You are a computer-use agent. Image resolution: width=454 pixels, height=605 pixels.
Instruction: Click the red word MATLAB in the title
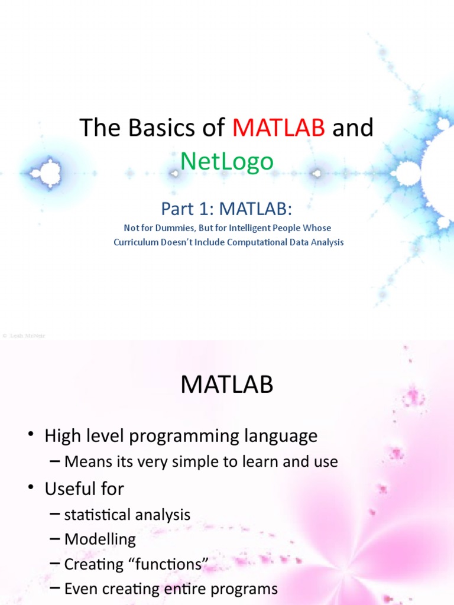point(278,127)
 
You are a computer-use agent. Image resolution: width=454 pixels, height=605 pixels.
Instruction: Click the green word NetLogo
point(227,161)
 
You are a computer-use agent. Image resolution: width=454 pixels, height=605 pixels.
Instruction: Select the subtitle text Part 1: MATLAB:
point(227,209)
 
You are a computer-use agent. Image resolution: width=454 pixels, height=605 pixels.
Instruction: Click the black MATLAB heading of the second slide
point(227,385)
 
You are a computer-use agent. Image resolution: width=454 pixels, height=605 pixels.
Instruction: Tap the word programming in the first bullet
point(193,437)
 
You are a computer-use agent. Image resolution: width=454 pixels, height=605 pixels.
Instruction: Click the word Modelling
point(100,539)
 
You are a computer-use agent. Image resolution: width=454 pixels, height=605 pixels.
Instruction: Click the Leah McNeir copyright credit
point(24,336)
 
